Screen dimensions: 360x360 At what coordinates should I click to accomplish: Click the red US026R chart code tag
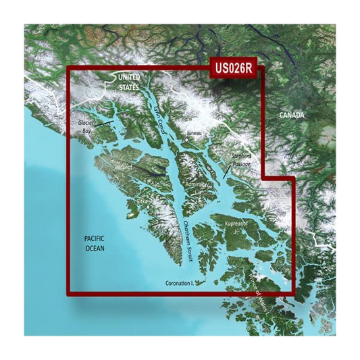[234, 68]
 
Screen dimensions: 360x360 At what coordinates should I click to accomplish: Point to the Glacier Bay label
[86, 127]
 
